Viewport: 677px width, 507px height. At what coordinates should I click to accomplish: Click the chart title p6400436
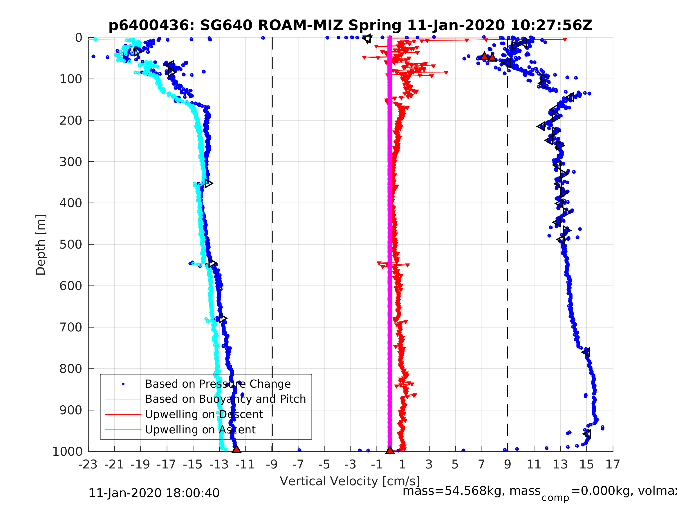(x=350, y=25)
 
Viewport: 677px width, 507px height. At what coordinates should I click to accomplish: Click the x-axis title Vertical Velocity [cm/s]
(x=350, y=481)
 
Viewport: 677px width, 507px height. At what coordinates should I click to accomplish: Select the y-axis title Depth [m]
(x=41, y=245)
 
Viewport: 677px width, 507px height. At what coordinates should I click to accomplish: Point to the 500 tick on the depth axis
(x=71, y=245)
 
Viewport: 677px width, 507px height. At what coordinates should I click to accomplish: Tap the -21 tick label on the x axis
(x=114, y=464)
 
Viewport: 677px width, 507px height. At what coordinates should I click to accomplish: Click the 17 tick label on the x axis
(x=613, y=464)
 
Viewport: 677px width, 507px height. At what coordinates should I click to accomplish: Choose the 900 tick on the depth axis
(x=71, y=410)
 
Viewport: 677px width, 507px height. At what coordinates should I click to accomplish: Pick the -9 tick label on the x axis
(x=272, y=464)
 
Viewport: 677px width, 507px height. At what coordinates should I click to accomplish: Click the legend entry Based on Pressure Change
(x=218, y=384)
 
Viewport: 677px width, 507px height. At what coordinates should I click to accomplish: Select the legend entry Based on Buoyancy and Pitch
(x=225, y=399)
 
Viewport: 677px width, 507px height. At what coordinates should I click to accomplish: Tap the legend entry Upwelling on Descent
(x=204, y=414)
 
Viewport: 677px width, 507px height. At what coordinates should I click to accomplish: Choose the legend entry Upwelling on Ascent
(x=200, y=429)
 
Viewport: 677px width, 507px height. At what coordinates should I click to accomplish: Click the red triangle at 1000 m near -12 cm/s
(x=236, y=449)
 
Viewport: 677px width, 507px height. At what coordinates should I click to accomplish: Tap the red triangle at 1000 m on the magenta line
(x=390, y=450)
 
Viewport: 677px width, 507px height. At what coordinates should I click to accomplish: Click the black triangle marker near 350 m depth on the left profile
(x=208, y=183)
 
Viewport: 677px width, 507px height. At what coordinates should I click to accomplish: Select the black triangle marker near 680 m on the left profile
(x=223, y=319)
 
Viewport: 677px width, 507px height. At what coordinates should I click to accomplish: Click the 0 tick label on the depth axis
(x=79, y=38)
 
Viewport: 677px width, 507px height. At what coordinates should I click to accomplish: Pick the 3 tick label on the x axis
(x=429, y=464)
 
